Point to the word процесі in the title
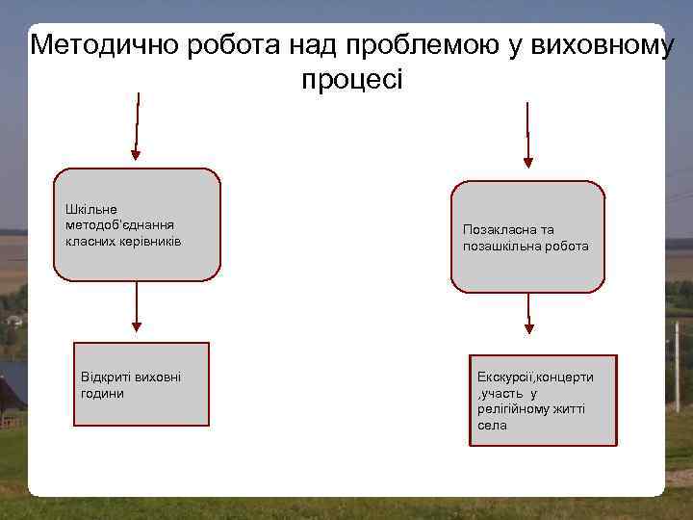point(352,79)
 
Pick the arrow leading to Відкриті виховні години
point(138,312)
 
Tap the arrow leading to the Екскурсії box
point(528,324)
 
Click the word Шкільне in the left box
point(90,208)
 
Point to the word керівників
point(149,239)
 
